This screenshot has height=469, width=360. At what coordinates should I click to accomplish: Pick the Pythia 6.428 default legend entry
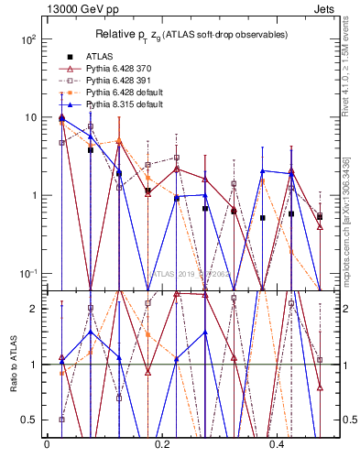(x=125, y=93)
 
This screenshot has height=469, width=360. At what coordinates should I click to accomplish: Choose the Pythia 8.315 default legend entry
(x=125, y=104)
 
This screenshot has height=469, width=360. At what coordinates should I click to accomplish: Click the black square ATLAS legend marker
(x=70, y=57)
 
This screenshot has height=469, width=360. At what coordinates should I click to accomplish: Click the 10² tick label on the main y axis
(x=27, y=40)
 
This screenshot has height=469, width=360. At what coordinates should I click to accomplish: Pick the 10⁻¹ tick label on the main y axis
(x=27, y=274)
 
